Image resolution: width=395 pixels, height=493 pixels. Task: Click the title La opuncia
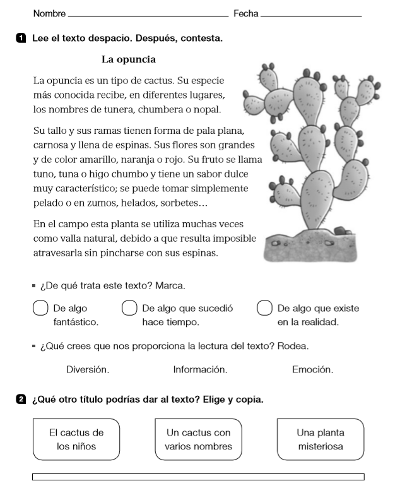tap(128, 60)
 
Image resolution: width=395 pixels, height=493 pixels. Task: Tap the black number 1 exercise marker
tap(21, 39)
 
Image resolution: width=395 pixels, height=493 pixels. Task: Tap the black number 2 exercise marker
tap(21, 400)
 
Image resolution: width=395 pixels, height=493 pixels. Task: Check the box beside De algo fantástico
tap(40, 309)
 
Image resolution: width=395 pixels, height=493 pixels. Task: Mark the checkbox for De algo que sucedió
tap(129, 309)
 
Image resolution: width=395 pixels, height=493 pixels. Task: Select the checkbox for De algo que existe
tap(264, 309)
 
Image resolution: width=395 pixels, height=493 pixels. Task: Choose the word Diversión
tap(87, 369)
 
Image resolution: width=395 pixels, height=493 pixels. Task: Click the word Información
tap(200, 369)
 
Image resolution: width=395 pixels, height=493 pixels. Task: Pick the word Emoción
tap(312, 369)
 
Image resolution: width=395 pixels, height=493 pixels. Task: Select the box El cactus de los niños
tap(76, 439)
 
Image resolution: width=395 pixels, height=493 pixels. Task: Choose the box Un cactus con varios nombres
tap(198, 439)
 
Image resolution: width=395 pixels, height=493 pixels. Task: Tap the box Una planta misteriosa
tap(321, 439)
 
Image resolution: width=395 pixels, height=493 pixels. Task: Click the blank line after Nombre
tap(147, 15)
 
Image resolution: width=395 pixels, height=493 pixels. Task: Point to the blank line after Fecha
tap(311, 15)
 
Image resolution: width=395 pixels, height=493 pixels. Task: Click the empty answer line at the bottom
tap(198, 477)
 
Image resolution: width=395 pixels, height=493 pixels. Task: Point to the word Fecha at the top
tap(245, 13)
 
